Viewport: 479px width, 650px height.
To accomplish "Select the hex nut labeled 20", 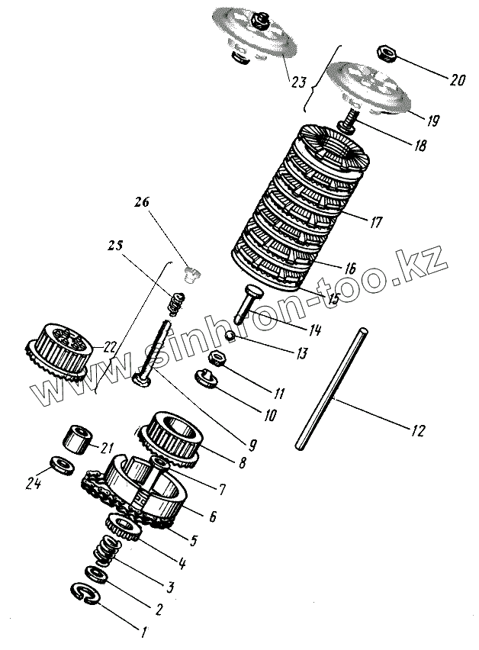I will click(x=386, y=53).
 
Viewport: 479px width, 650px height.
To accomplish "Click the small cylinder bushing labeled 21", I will click(x=76, y=439).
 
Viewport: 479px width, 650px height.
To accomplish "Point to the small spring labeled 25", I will click(x=176, y=304).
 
